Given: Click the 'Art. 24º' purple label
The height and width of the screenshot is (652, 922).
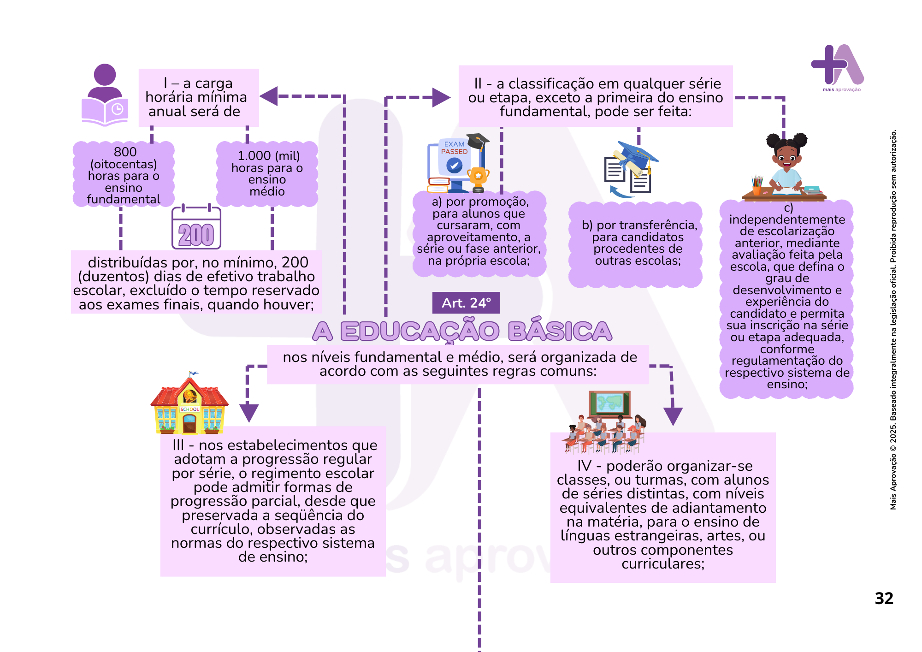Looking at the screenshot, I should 466,303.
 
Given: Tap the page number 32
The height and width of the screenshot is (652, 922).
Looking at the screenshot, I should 884,599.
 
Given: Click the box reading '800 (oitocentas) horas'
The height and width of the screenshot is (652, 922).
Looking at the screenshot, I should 124,175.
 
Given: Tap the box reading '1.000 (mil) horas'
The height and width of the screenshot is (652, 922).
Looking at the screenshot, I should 267,174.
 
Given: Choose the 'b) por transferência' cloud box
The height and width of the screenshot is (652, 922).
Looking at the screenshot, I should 636,243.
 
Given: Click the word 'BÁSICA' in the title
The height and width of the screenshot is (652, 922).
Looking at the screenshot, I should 560,331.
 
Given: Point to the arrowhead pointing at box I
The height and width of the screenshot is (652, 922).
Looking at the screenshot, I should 269,96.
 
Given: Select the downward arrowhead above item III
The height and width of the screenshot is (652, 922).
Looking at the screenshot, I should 249,412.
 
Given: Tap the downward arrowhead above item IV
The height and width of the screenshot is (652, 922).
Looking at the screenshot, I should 673,415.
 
